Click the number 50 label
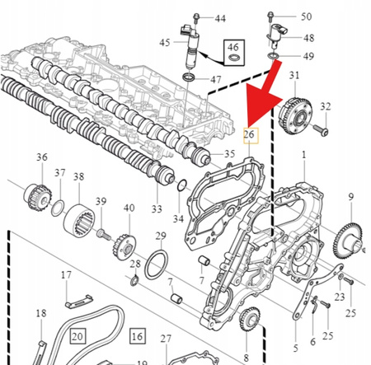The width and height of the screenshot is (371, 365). point(306,16)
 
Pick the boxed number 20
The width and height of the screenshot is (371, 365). point(77,336)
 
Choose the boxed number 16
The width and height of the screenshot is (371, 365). point(136,336)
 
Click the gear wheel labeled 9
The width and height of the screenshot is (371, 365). point(346,240)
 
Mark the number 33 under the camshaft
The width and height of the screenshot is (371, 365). point(157,210)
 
